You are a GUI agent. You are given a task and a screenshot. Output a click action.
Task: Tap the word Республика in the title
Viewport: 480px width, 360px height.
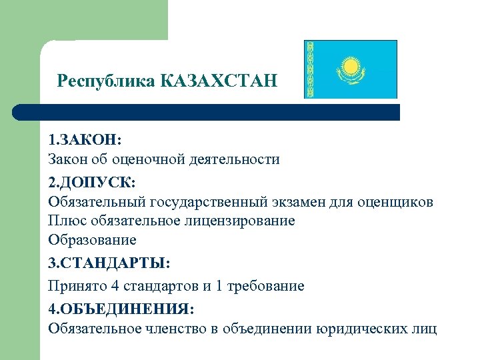pyautogui.click(x=106, y=81)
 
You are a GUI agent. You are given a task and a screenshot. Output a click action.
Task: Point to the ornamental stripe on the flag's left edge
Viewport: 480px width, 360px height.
pyautogui.click(x=309, y=69)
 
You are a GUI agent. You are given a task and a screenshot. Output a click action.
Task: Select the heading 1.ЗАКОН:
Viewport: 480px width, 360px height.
pyautogui.click(x=85, y=141)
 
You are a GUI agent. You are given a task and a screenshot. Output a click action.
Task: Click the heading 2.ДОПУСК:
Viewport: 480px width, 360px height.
pyautogui.click(x=91, y=182)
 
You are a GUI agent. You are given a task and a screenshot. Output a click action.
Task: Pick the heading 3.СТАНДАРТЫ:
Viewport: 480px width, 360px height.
pyautogui.click(x=109, y=264)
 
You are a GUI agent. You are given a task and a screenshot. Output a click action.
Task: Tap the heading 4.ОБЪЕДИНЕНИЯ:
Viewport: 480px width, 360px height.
pyautogui.click(x=122, y=309)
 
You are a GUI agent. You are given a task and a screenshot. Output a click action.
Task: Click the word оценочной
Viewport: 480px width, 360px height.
pyautogui.click(x=144, y=160)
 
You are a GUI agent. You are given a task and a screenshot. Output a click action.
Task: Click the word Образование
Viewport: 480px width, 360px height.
pyautogui.click(x=92, y=239)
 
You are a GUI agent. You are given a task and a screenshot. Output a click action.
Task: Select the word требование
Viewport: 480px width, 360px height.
pyautogui.click(x=266, y=287)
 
